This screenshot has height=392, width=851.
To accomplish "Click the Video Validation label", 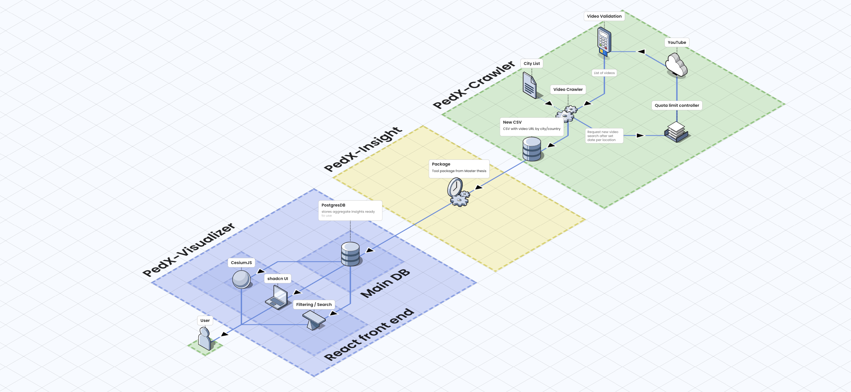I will coord(604,16).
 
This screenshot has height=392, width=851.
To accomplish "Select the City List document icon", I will coord(530,85).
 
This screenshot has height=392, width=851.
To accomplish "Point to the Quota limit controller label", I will coord(677,105).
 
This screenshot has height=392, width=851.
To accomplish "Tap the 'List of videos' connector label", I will coord(604,73).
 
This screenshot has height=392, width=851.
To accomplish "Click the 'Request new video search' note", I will coord(604,136).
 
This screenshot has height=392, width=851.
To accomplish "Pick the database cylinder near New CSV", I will coord(532,149).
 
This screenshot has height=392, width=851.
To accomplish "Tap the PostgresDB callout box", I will coord(350,210).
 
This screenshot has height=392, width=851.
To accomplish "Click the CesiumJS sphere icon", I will coord(241,279).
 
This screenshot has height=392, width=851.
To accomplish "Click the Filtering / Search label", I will coord(313,305).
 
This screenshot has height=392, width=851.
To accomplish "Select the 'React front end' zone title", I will coord(368,334).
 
